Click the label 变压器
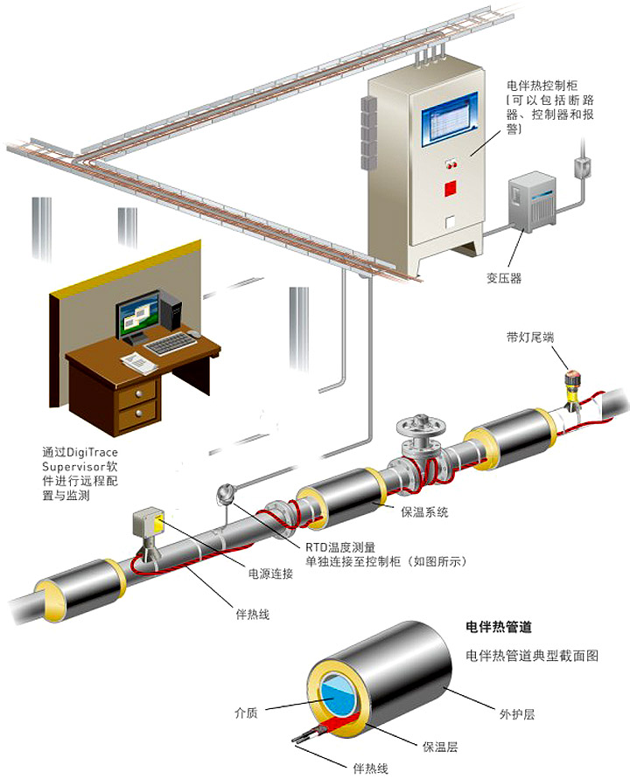(x=504, y=278)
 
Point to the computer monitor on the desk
(x=139, y=316)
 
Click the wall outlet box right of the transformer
(x=580, y=167)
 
